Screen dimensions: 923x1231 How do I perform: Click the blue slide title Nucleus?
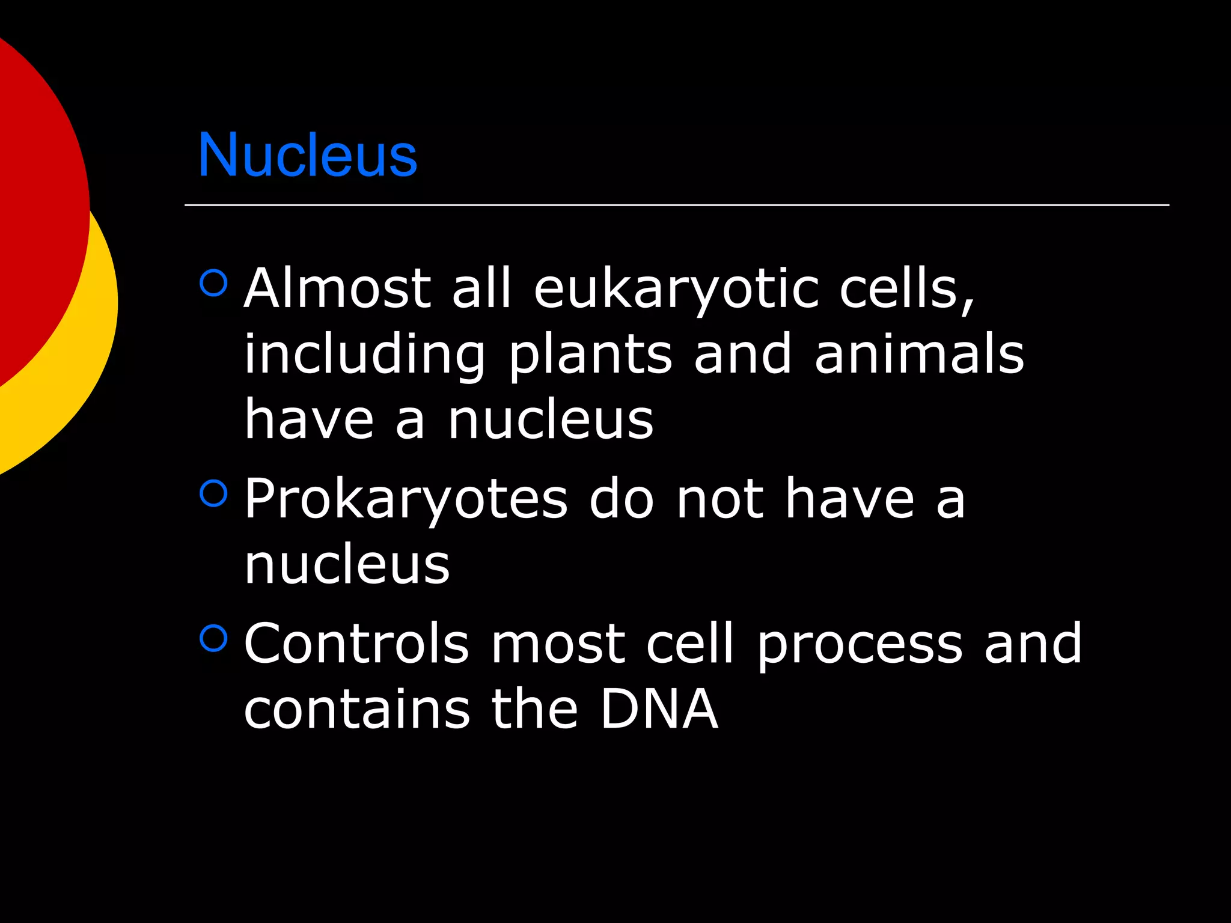[x=307, y=155]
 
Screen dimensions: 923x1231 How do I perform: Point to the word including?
[x=364, y=356]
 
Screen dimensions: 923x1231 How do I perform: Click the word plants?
[x=590, y=356]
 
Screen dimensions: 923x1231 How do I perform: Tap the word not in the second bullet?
[x=720, y=499]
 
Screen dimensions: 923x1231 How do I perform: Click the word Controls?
[x=356, y=644]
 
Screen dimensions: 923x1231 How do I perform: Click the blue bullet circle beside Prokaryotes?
[x=213, y=493]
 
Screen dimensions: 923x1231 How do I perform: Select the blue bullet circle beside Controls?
[x=213, y=638]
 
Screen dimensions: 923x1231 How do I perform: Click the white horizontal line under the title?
[x=676, y=205]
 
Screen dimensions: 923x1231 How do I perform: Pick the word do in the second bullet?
[x=621, y=499]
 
